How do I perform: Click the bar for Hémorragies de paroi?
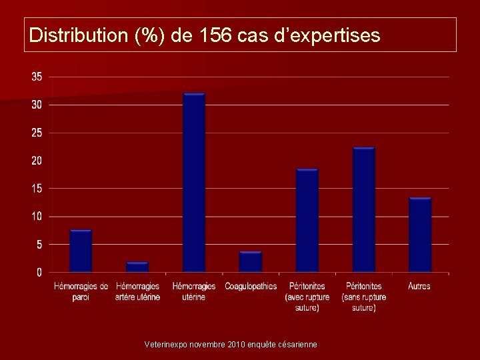[81, 251]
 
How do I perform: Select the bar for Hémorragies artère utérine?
[137, 267]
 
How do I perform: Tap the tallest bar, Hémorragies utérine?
[194, 183]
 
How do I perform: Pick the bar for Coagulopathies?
[251, 261]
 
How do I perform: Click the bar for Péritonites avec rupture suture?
[307, 221]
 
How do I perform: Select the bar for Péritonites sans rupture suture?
[364, 210]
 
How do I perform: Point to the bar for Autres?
[420, 235]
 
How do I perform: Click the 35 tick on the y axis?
[37, 77]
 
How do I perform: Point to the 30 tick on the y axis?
[37, 105]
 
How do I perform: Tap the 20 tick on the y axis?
[37, 161]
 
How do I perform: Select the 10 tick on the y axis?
[37, 217]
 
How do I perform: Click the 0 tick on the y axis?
[39, 272]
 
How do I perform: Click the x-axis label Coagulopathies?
[251, 286]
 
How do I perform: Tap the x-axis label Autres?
[419, 286]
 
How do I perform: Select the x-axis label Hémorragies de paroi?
[81, 291]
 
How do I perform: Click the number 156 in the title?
[217, 35]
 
